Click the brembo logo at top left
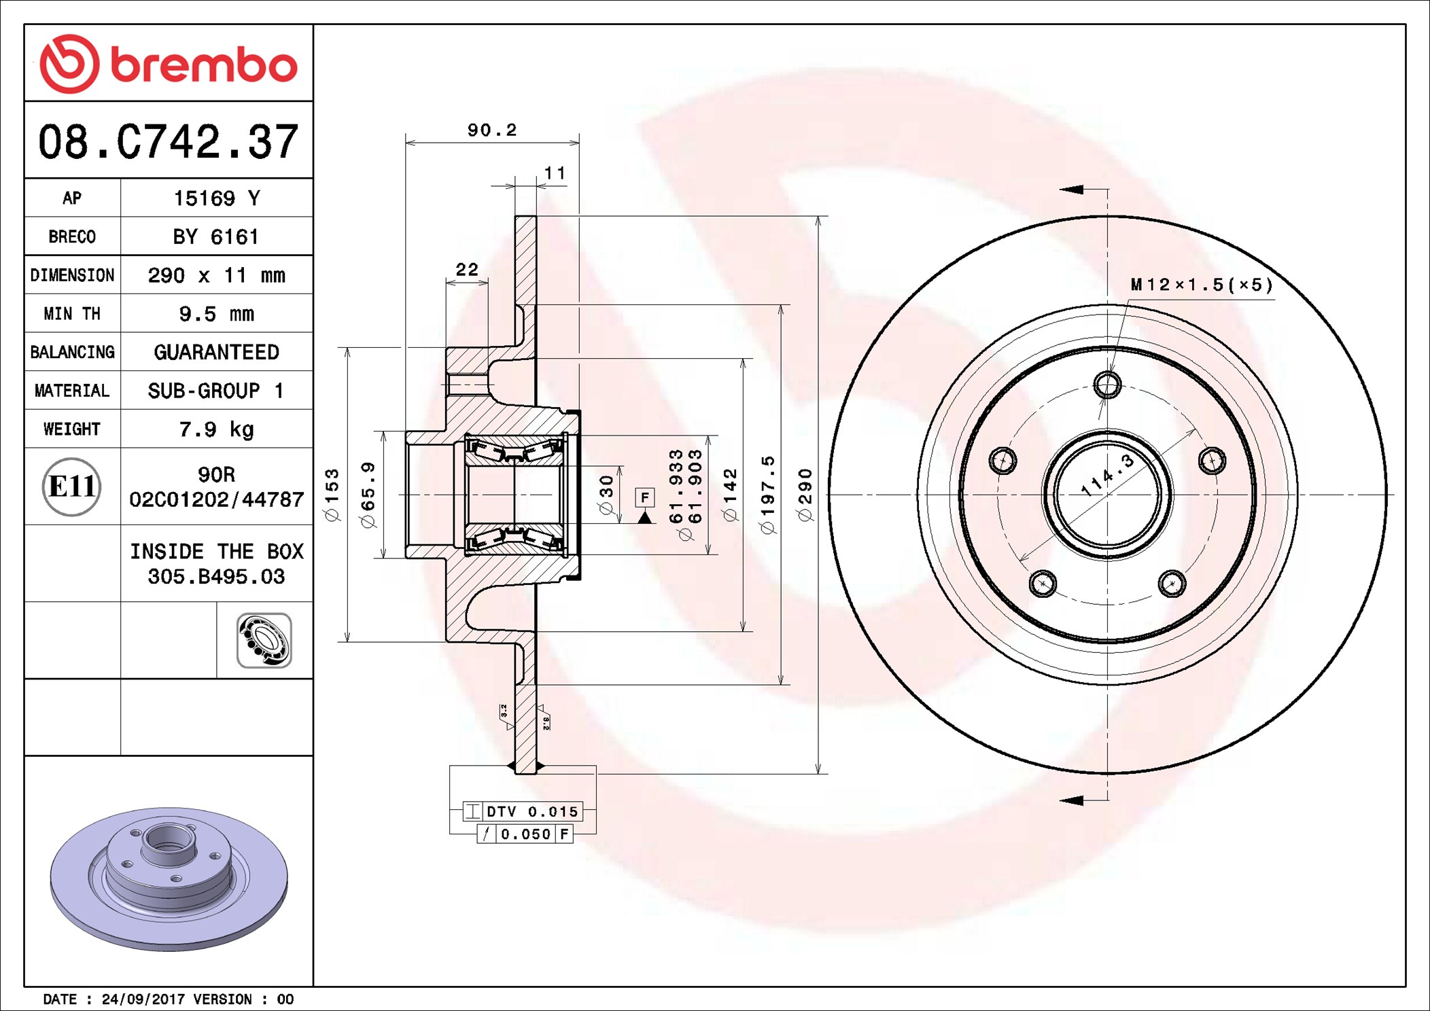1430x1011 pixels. tap(168, 64)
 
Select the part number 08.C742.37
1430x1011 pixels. tap(168, 142)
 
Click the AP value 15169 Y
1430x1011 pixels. tap(216, 198)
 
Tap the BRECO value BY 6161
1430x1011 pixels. tap(216, 236)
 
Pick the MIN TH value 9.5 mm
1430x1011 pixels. tap(216, 314)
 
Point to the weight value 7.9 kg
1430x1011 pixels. tap(216, 429)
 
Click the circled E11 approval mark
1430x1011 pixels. tap(71, 486)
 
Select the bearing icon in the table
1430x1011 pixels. tap(264, 640)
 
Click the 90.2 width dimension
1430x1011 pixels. tap(492, 130)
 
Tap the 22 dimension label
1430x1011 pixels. tap(467, 270)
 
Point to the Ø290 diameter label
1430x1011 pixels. tap(806, 495)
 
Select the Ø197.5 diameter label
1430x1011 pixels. tap(768, 495)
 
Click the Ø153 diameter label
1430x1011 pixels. tap(332, 495)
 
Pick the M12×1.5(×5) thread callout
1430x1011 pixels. tap(1202, 285)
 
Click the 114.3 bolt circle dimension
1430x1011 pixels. tap(1108, 476)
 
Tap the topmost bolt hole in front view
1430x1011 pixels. tap(1107, 385)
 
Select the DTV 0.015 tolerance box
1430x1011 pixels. tap(523, 811)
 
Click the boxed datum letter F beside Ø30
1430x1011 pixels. tap(644, 497)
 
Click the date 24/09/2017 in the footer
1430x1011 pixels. tap(143, 999)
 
